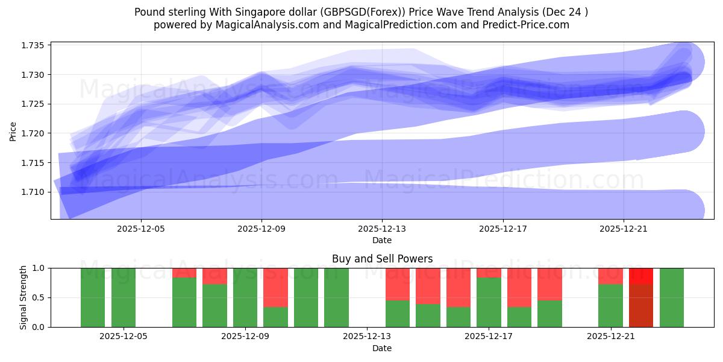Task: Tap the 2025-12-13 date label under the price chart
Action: (382, 229)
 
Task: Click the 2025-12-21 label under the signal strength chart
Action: (611, 337)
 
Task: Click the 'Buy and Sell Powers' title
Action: (382, 259)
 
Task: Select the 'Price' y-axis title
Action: (13, 130)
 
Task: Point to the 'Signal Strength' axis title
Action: (23, 297)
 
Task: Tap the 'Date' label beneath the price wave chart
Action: (382, 240)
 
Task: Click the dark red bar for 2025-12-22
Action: (641, 305)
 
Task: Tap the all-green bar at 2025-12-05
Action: (124, 297)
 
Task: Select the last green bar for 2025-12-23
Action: (672, 297)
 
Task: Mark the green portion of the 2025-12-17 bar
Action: (489, 302)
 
